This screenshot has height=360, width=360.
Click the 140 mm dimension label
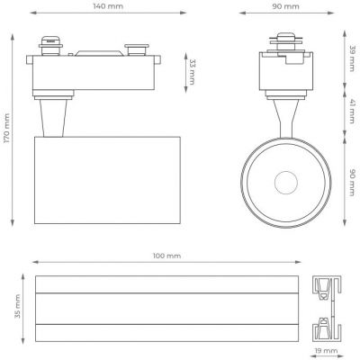(x=108, y=6)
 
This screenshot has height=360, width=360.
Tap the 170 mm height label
(x=7, y=128)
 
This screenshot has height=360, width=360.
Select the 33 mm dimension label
(x=192, y=72)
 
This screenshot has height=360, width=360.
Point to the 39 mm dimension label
(x=352, y=58)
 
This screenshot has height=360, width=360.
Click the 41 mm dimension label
(x=352, y=112)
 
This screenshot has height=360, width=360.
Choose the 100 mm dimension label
(x=167, y=256)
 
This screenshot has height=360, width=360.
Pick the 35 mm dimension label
(x=17, y=306)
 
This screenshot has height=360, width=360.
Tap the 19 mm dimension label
(x=326, y=350)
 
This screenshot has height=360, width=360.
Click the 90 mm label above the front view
(x=285, y=6)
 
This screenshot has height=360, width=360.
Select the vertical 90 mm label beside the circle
(x=352, y=183)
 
